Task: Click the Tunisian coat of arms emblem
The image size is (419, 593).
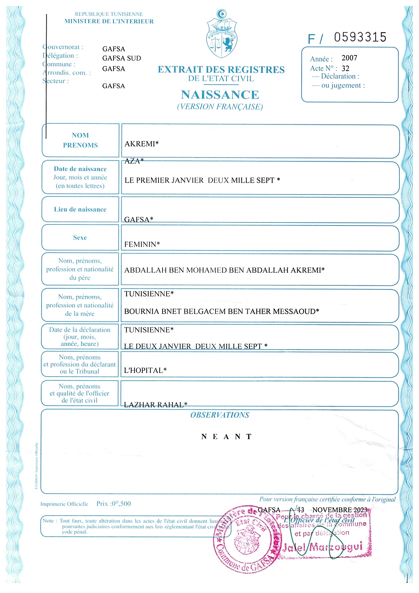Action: point(222,34)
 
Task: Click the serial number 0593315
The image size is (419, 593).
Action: point(360,37)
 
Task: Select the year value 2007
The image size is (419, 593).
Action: point(349,58)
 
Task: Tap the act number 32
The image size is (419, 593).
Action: point(345,68)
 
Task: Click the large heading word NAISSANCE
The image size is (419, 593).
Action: point(220,95)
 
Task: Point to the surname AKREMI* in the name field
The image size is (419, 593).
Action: point(142,144)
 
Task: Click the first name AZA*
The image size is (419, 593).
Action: point(134,161)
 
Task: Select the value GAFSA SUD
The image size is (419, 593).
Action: point(122,58)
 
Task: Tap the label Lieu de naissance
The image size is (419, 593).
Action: point(80,209)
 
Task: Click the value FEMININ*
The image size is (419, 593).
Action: point(142,244)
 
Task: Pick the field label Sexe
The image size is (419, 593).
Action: point(80,237)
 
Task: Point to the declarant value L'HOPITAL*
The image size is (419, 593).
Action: point(145,370)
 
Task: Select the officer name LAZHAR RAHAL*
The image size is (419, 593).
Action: point(155,404)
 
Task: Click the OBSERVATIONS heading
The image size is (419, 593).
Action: point(220,415)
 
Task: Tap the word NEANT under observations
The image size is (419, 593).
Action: point(226,436)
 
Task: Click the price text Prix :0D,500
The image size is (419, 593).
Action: point(114,503)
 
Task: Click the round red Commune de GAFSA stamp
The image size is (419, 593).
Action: point(247,539)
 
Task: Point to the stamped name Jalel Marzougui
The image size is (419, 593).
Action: point(323,547)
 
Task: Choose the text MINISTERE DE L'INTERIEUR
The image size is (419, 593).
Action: point(109,21)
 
